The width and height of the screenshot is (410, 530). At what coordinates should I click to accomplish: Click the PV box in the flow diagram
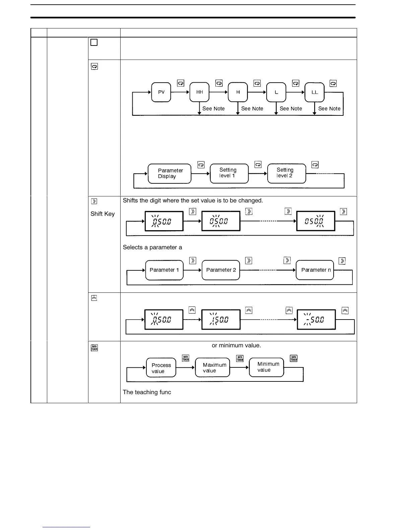(x=161, y=92)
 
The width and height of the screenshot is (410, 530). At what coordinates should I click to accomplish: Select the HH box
(x=199, y=92)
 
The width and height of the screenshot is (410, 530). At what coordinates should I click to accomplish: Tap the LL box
(x=315, y=92)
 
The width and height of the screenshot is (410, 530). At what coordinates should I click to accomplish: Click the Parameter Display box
(x=169, y=173)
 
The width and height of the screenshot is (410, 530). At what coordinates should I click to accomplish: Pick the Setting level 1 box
(x=229, y=173)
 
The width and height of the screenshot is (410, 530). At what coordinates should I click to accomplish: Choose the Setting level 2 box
(x=286, y=173)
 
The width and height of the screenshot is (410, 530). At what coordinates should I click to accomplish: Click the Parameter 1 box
(x=164, y=270)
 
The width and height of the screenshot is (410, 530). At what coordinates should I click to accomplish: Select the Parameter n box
(x=315, y=270)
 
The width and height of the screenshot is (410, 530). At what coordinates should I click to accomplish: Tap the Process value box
(x=161, y=368)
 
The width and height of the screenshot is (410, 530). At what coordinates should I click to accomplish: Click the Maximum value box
(x=213, y=367)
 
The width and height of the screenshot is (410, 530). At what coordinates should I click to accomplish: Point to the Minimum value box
(x=267, y=367)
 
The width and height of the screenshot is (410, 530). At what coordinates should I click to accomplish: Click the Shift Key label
(x=102, y=214)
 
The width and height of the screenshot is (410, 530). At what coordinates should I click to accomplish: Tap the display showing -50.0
(x=316, y=320)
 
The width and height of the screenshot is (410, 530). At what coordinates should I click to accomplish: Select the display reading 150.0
(x=221, y=320)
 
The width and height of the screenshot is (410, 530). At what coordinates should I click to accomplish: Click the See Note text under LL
(x=329, y=109)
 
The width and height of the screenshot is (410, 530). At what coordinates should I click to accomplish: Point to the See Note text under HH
(x=213, y=109)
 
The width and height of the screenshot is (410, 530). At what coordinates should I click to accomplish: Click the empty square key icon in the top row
(x=94, y=42)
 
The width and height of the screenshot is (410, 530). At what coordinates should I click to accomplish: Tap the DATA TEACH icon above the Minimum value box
(x=293, y=358)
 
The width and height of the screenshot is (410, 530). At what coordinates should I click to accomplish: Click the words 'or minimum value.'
(x=236, y=345)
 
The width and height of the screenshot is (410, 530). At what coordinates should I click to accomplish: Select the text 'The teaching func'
(x=147, y=392)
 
